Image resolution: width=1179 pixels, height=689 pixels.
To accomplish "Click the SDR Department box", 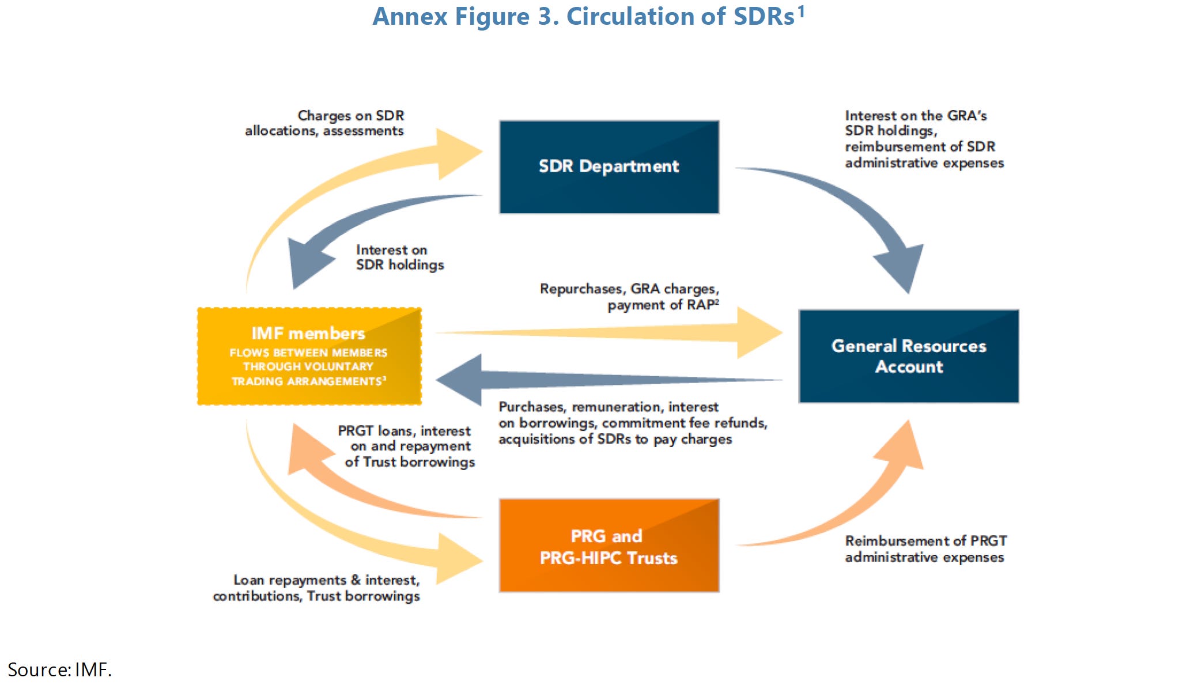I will (609, 167).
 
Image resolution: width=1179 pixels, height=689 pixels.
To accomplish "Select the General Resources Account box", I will (908, 356).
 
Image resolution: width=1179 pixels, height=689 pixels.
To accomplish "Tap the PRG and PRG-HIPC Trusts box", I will (609, 546).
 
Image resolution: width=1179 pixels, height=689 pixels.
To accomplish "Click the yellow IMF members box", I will (309, 356).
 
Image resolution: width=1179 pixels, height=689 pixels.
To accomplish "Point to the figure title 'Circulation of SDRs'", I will (588, 16).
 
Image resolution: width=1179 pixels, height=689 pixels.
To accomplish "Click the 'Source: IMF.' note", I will (59, 669).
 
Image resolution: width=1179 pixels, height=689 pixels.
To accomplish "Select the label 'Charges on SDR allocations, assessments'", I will (324, 123).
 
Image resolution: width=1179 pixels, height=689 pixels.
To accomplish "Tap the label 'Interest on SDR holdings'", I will (400, 258).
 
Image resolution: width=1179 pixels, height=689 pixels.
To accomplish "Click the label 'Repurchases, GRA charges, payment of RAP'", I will (629, 297).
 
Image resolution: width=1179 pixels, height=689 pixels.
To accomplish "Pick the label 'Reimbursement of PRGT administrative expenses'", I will (925, 549).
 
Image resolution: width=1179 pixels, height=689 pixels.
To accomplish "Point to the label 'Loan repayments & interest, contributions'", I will (316, 588).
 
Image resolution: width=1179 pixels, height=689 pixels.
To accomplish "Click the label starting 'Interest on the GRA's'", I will (924, 139).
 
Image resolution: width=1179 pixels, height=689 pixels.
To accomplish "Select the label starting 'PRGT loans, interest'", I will (407, 446).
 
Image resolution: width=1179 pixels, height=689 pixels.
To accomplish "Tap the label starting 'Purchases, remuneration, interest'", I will (632, 423).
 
